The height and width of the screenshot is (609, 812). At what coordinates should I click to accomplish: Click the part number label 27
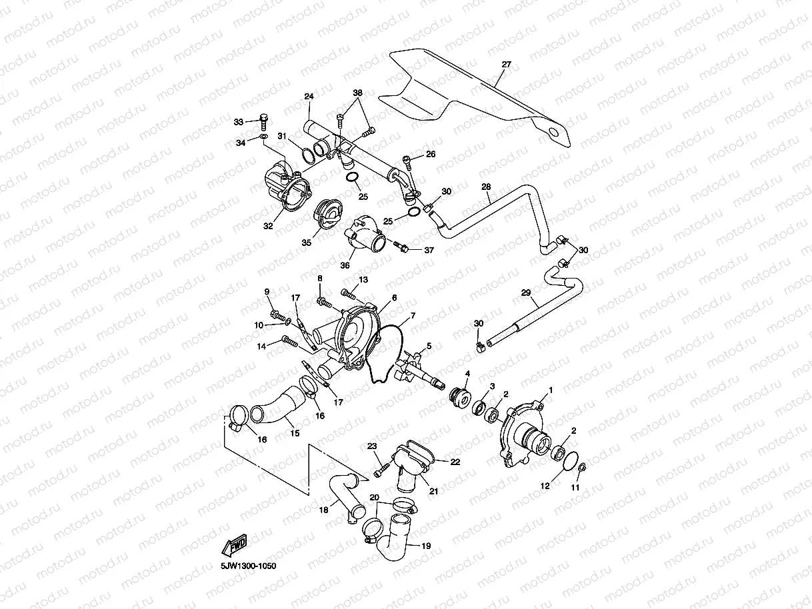point(506,65)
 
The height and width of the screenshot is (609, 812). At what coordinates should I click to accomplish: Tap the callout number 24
point(309,97)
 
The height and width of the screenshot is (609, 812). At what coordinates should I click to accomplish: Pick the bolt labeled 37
point(401,247)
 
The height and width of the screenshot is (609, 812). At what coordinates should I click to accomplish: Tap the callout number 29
point(525,293)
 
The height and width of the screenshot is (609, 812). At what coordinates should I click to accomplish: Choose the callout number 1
point(551,388)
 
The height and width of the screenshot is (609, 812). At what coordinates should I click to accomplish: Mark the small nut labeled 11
point(582,466)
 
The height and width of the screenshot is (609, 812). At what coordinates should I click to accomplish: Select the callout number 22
point(455,461)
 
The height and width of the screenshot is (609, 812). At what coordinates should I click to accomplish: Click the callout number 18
point(323,510)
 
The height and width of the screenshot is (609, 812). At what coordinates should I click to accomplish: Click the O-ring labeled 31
point(308,155)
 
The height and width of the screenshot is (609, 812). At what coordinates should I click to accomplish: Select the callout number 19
point(426,546)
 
